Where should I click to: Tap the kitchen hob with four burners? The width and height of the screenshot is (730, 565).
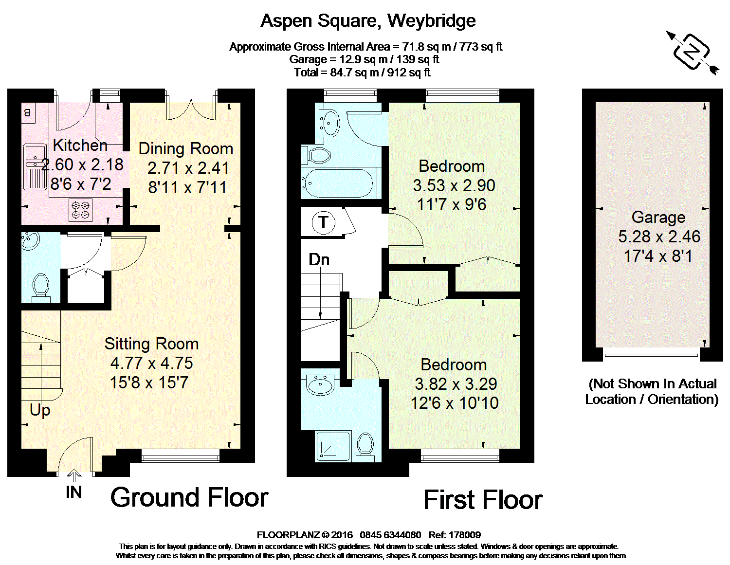81,210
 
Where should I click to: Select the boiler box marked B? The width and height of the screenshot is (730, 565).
28,113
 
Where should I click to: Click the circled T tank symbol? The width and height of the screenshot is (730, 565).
324,222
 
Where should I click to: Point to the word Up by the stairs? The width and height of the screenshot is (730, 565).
40,410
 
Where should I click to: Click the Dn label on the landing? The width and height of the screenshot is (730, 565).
319,260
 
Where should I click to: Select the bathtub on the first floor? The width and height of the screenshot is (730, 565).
337,183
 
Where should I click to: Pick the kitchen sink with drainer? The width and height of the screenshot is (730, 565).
35,167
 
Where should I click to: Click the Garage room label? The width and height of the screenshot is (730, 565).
658,218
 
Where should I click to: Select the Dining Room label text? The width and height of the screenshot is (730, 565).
186,149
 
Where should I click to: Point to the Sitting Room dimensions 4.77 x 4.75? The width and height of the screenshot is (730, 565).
151,363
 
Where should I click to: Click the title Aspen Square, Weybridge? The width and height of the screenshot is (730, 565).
368,21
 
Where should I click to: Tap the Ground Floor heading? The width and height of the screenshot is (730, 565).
189,497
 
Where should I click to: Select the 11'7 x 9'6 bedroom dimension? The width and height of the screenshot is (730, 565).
452,204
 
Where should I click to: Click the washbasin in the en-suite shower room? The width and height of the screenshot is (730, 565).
320,384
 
